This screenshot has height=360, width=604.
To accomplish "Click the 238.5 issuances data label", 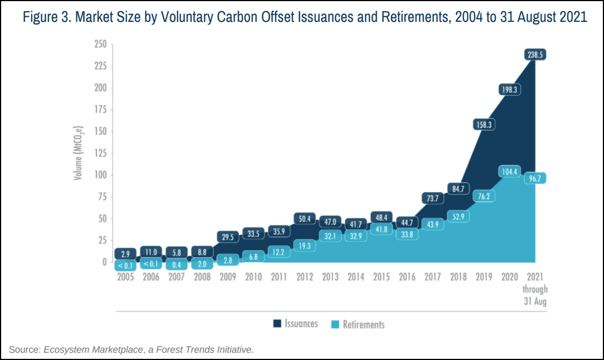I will click(x=535, y=55).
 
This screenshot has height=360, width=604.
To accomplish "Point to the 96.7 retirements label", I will click(x=535, y=179).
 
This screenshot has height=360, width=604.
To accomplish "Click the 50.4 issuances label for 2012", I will click(x=304, y=219).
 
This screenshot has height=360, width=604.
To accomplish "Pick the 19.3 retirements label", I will click(x=304, y=246).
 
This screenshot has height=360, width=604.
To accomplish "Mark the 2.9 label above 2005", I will click(x=125, y=253).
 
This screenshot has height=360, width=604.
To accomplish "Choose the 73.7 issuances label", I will click(x=432, y=198).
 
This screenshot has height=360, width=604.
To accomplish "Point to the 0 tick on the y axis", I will click(x=104, y=262).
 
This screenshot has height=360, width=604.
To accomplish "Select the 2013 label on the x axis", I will click(x=329, y=277).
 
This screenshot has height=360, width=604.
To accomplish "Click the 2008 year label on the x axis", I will click(x=202, y=277).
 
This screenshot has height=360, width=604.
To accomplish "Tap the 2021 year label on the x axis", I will click(x=535, y=277).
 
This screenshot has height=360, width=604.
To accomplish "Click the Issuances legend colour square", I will click(x=277, y=324).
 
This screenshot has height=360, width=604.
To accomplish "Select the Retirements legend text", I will click(x=364, y=324).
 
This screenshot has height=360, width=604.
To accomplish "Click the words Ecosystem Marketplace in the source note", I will click(x=94, y=349).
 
